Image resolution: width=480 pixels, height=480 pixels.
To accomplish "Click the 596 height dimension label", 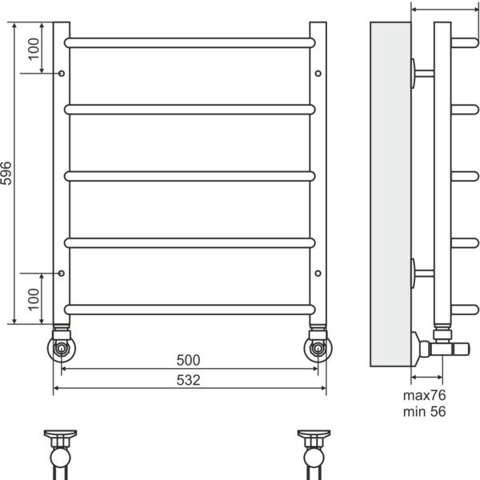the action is [6, 174].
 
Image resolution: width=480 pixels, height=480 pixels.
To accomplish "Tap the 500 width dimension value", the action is [188, 360].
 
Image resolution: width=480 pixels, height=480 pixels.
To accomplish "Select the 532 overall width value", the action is [188, 380].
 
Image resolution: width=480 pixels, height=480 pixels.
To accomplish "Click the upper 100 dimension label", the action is [34, 49].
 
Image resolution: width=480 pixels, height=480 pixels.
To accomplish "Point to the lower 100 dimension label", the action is [34, 300].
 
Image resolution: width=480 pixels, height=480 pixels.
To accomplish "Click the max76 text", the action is [424, 395].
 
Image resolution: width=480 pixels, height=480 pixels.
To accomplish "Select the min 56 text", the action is [424, 412].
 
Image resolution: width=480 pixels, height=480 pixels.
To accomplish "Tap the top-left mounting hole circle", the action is [62, 74].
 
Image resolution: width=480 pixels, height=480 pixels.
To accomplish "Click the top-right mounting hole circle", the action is [318, 74].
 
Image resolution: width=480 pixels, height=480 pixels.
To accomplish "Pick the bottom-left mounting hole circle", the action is [62, 273].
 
